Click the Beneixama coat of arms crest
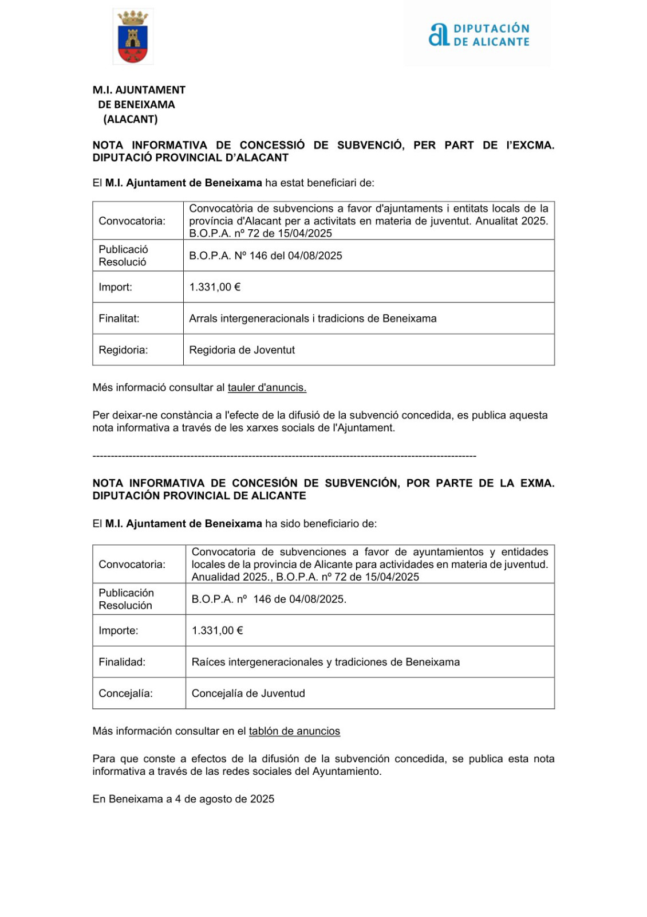coord(133,37)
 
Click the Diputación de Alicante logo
coord(479,35)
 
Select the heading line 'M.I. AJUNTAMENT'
coord(139,90)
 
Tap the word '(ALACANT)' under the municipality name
coord(131,119)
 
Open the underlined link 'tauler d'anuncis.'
coord(267,387)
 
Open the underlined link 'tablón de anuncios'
coord(294,731)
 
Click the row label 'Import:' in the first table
coord(115,287)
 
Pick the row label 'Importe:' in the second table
coord(119,630)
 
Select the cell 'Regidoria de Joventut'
coord(242,350)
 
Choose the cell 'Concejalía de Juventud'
coord(248,693)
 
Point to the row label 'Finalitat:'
coord(119,319)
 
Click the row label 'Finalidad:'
coord(122,662)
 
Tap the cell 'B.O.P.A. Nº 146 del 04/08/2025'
coord(266,256)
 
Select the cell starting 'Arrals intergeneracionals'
coord(313,319)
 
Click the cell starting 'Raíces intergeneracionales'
coord(326,662)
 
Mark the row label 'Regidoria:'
coord(123,350)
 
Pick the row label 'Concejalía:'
coord(125,693)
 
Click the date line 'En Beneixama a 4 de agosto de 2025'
coord(183,799)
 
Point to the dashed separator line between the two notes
coord(284,456)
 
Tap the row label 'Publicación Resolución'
coord(126,599)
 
